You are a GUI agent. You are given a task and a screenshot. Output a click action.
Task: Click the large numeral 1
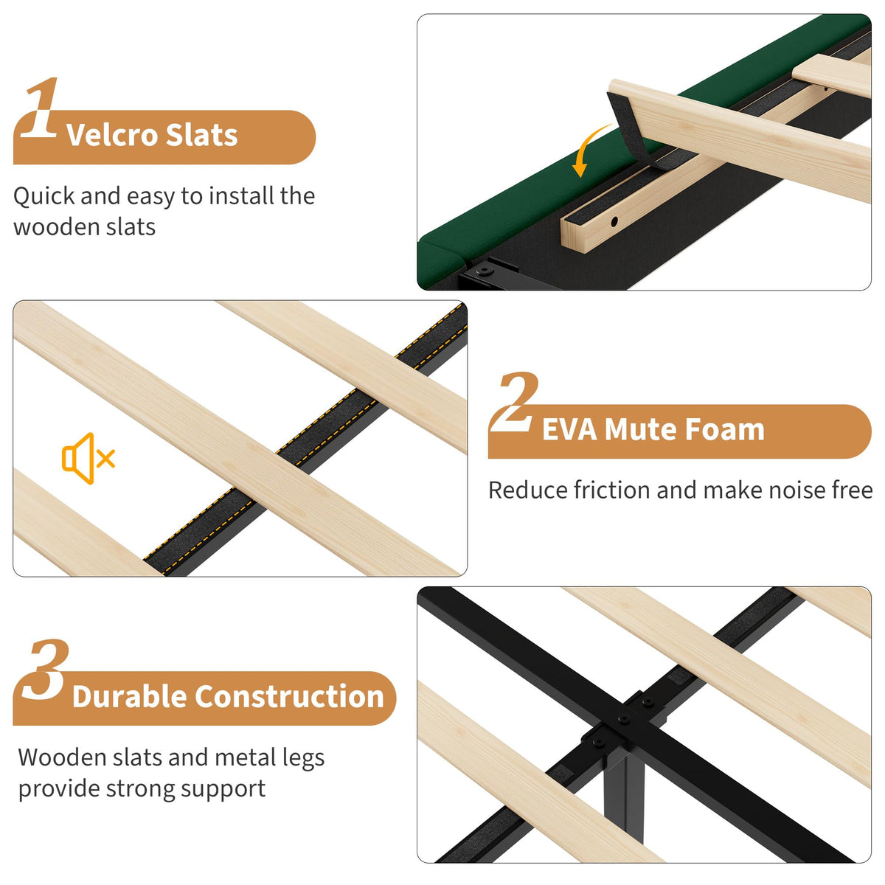[41, 108]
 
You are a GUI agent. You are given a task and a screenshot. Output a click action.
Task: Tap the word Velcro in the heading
[111, 135]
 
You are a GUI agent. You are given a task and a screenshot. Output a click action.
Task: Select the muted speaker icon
[88, 458]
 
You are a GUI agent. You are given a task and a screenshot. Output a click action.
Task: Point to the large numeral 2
[514, 402]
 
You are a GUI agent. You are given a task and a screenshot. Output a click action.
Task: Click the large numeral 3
[46, 670]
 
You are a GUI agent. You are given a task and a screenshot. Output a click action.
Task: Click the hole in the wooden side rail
[614, 222]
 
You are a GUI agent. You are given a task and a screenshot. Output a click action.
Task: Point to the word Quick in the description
[44, 197]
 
